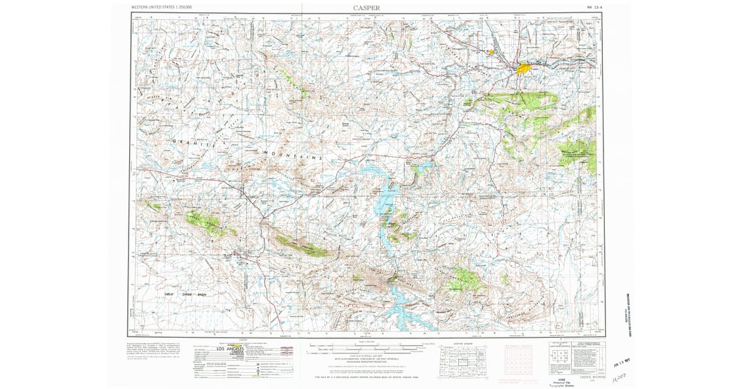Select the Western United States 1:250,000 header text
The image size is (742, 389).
(x=161, y=7)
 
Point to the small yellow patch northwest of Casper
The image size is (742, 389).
(x=492, y=52)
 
